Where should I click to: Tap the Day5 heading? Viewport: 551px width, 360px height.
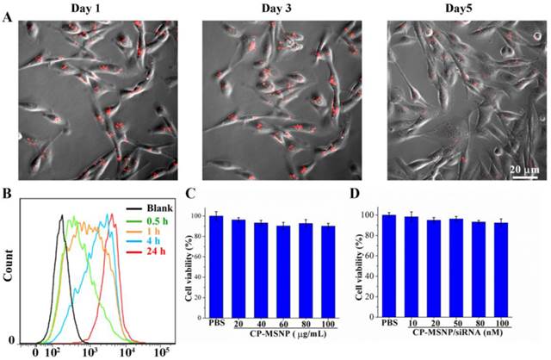point(452,8)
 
